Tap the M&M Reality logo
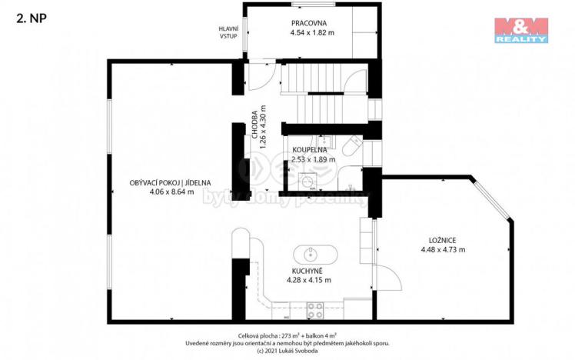tap(520, 29)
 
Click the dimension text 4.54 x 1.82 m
tap(311, 33)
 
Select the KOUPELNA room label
tap(311, 150)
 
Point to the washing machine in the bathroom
tap(310, 182)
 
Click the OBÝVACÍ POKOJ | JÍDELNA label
tap(170, 183)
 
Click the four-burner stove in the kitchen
tap(315, 310)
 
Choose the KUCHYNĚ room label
tap(308, 270)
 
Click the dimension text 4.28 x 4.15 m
tap(308, 280)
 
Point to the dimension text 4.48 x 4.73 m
tap(443, 248)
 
